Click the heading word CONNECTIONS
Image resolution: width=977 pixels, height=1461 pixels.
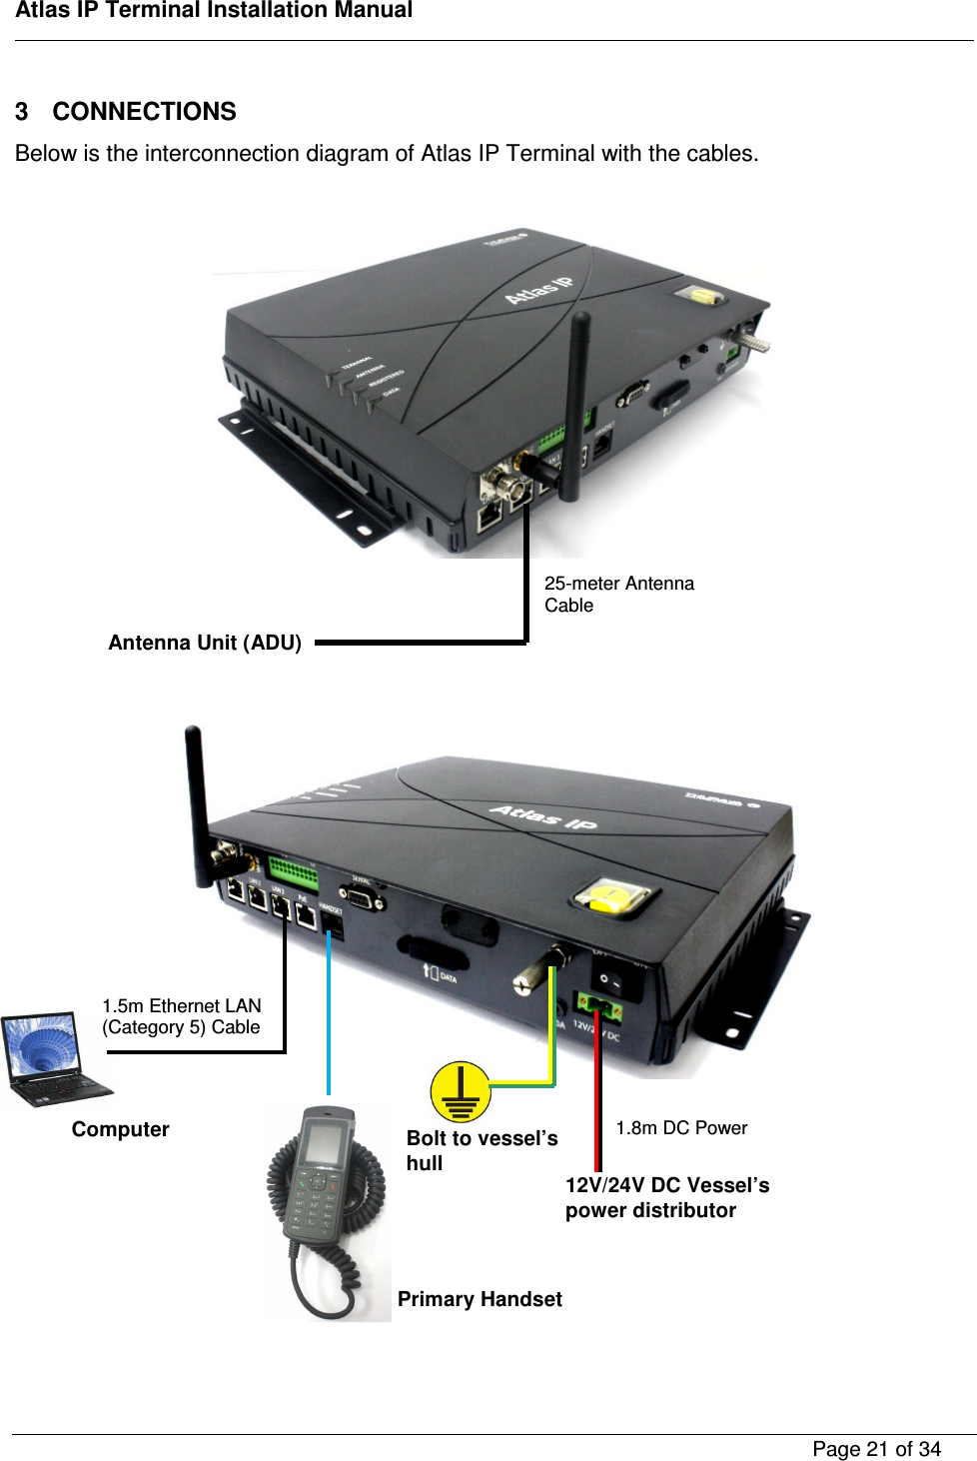click(x=144, y=111)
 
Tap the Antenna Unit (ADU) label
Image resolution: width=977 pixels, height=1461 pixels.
click(x=205, y=643)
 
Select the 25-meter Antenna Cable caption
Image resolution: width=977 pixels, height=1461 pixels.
click(x=618, y=594)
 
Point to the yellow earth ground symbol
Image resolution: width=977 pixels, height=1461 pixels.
click(x=461, y=1091)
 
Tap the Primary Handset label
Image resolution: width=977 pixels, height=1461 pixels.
click(x=480, y=1299)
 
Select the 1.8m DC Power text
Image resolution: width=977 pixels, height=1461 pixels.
click(x=681, y=1127)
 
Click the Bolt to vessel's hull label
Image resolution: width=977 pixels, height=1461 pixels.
click(x=481, y=1150)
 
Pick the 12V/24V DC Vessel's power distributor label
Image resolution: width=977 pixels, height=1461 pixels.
click(x=666, y=1197)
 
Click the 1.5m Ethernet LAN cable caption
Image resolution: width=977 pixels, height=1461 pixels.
click(x=181, y=1016)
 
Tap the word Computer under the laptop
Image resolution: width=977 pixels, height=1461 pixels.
click(x=120, y=1129)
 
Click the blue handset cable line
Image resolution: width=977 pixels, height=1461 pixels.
click(x=329, y=1019)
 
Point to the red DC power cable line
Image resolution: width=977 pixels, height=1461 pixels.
click(x=597, y=1099)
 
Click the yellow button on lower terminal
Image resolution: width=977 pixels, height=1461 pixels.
click(x=612, y=896)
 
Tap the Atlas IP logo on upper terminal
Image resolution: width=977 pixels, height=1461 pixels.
click(x=538, y=289)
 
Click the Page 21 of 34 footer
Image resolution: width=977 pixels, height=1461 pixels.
click(x=876, y=1449)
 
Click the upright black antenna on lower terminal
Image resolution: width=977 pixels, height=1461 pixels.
click(x=197, y=799)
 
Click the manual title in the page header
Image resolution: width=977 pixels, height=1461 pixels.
click(x=214, y=11)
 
